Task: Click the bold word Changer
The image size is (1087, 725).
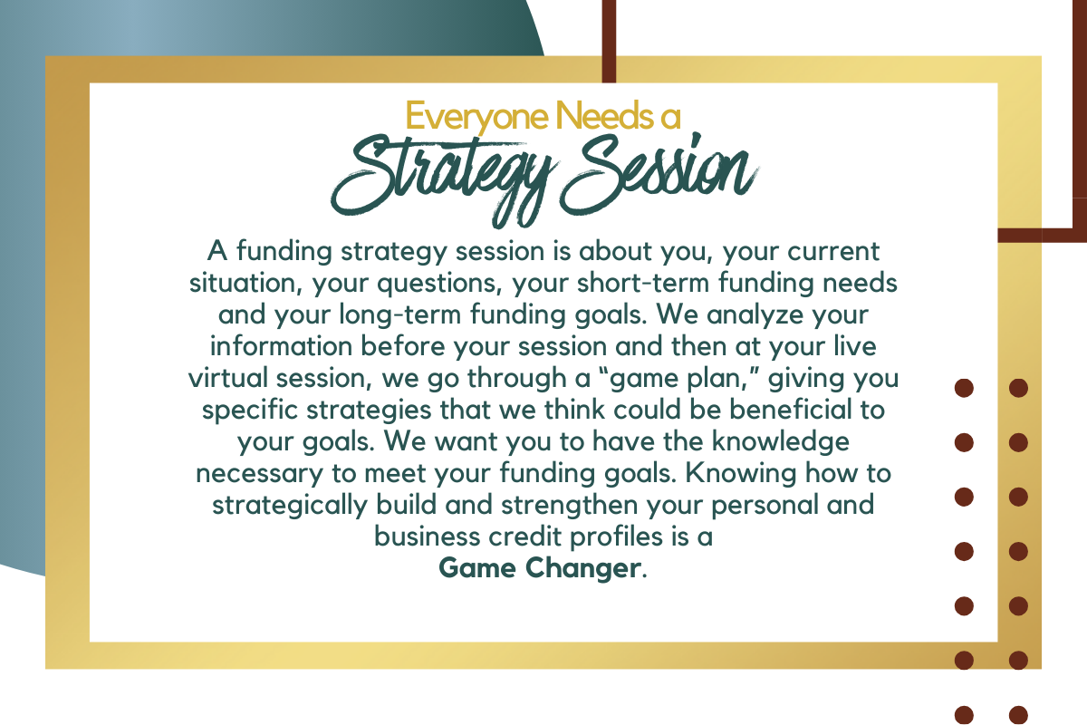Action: pyautogui.click(x=582, y=567)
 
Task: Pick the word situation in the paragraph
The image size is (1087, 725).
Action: pyautogui.click(x=245, y=283)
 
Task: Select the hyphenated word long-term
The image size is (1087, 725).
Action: pyautogui.click(x=400, y=315)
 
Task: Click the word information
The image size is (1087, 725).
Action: pyautogui.click(x=281, y=346)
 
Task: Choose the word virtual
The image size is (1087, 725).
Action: pyautogui.click(x=228, y=378)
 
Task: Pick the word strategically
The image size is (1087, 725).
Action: pyautogui.click(x=290, y=506)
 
